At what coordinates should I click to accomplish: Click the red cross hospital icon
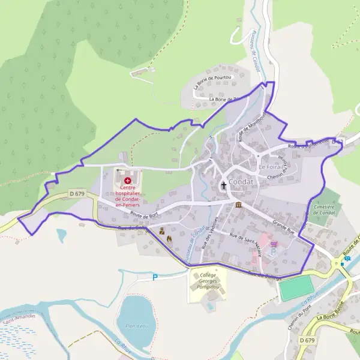click(127, 180)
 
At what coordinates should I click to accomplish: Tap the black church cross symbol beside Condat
click(224, 185)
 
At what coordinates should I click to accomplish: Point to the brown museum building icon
click(239, 205)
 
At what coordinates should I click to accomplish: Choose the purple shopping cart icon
click(274, 244)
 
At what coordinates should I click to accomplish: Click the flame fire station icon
click(169, 239)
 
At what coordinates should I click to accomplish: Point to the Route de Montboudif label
click(246, 126)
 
